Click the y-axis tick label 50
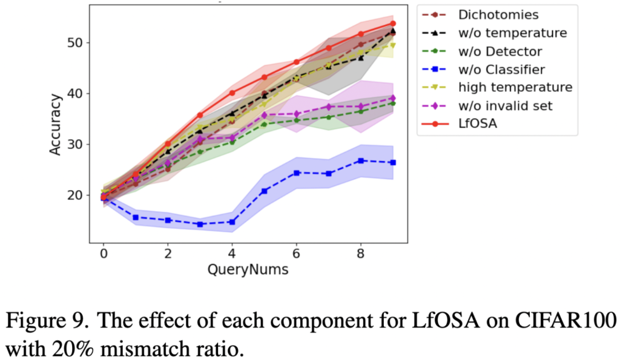(77, 42)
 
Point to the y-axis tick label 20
(77, 195)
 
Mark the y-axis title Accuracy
(56, 123)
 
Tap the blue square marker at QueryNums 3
(200, 224)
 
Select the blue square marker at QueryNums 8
(361, 160)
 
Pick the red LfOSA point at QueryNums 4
(232, 93)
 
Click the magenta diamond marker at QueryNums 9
(393, 98)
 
